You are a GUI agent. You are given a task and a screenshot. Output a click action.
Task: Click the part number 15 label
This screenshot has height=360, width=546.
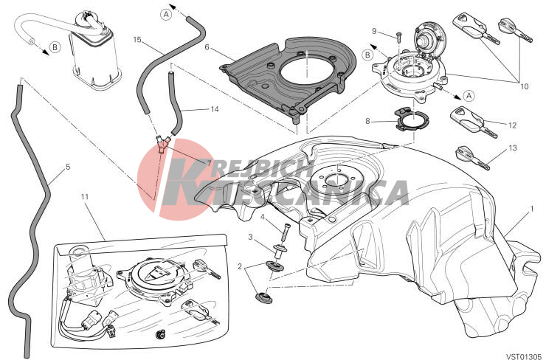point(137,40)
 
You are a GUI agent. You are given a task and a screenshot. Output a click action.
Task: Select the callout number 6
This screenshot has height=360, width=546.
point(207,47)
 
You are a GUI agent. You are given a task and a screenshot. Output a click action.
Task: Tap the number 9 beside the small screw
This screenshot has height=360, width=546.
point(374,31)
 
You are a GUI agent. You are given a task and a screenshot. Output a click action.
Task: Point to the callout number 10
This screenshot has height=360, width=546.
point(524,86)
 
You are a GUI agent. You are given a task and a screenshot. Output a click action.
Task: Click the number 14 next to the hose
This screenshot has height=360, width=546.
point(215,109)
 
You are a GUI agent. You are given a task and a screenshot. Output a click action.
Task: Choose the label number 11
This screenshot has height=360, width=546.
point(85,197)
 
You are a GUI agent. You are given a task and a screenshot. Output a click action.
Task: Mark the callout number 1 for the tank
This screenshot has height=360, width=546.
point(532,209)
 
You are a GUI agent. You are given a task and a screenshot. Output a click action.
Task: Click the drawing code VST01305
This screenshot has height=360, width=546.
point(525,356)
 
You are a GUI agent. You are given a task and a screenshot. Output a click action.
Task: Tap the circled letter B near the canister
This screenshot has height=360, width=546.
point(55,47)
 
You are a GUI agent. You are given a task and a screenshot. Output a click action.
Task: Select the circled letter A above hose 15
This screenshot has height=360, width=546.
point(167,14)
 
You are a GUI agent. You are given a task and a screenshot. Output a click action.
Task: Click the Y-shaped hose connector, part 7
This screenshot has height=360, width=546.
point(162,143)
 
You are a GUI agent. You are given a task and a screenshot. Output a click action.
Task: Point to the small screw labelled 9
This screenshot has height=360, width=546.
point(399,36)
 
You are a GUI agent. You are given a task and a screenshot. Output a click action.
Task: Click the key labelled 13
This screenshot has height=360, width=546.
point(472,158)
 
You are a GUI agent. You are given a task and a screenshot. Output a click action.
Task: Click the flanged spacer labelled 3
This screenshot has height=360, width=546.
point(280,252)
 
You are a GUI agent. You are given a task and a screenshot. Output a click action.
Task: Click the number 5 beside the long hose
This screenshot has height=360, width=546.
point(68,167)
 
